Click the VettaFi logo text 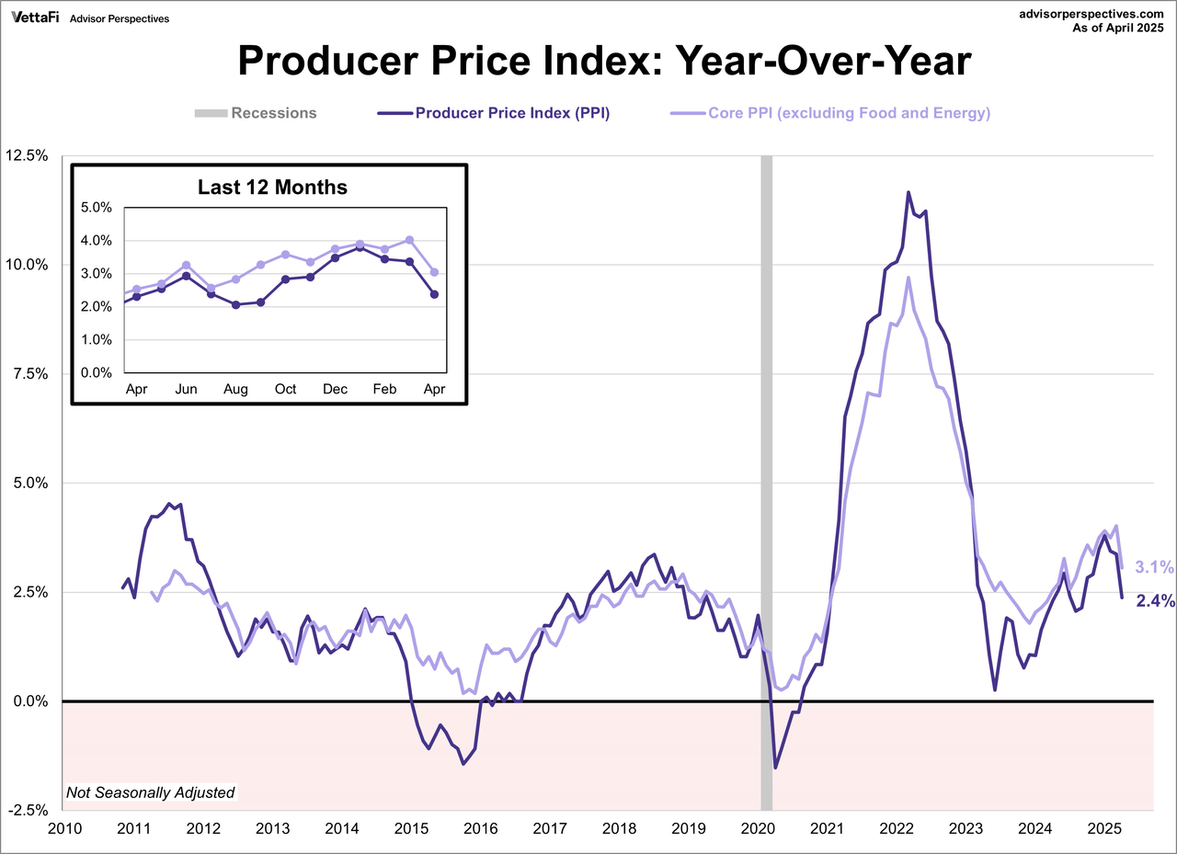pos(34,17)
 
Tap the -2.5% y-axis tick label pos(29,810)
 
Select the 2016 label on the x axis pos(480,828)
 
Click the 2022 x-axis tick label pos(897,828)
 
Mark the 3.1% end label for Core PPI pos(1155,566)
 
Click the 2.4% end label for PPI pos(1155,601)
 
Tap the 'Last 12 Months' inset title pos(272,188)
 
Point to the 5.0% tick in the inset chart pos(96,208)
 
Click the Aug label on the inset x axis pos(235,389)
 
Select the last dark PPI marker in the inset pos(434,294)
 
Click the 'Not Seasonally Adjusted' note pos(150,792)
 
